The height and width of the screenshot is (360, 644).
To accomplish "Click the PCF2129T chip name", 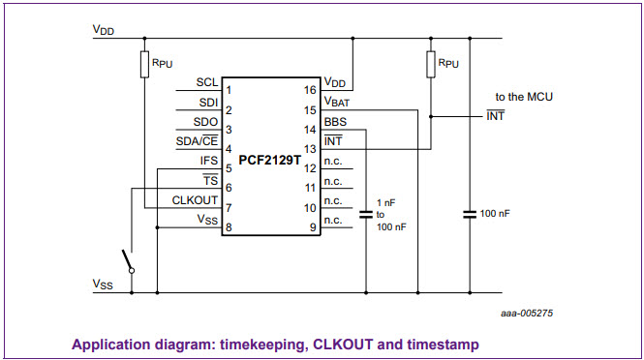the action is (270, 160).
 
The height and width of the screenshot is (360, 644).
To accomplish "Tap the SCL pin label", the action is (207, 82).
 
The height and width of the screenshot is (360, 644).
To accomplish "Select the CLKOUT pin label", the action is (195, 200).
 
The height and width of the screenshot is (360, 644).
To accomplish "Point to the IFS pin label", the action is (209, 161).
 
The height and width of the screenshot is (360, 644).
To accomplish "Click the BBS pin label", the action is (335, 122).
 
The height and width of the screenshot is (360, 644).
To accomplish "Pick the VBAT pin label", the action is (337, 102).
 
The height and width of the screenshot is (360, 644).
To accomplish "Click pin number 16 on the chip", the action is (310, 90).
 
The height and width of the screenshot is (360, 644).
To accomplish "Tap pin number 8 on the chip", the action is (229, 227).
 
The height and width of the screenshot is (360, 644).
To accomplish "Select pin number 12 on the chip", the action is (310, 168).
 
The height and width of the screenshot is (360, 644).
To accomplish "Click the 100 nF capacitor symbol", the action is (470, 214).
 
